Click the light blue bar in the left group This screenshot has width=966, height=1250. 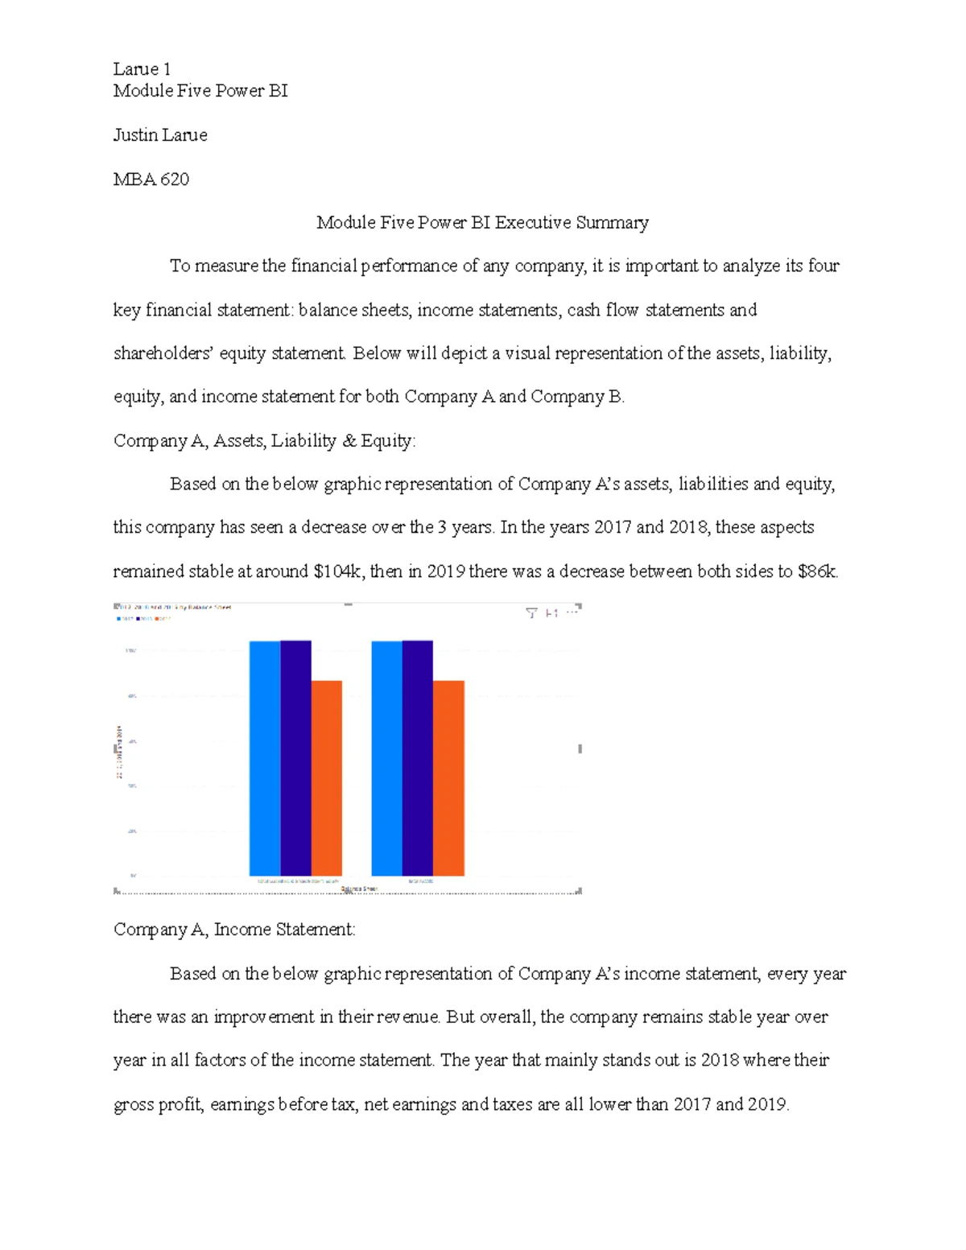tap(265, 757)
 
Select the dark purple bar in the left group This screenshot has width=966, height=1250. tap(295, 757)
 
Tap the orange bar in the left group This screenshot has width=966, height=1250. tap(327, 778)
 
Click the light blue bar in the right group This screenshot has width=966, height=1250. tap(386, 757)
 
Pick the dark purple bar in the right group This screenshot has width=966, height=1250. tap(418, 757)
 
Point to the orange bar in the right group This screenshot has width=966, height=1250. tap(448, 778)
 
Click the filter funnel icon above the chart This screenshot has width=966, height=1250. tap(531, 613)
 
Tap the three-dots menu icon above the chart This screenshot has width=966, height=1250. tap(572, 613)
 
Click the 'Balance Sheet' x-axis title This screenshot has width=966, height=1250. tap(359, 889)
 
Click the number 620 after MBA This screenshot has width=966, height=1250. tap(175, 179)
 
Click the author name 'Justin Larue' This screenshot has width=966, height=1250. tap(160, 135)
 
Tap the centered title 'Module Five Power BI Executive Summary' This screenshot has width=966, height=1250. tap(482, 222)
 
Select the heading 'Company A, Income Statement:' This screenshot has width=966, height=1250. tap(234, 930)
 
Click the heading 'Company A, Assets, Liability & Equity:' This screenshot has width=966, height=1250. tap(264, 440)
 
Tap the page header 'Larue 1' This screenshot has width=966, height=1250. tap(142, 69)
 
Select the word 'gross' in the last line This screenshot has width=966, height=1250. tap(133, 1104)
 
